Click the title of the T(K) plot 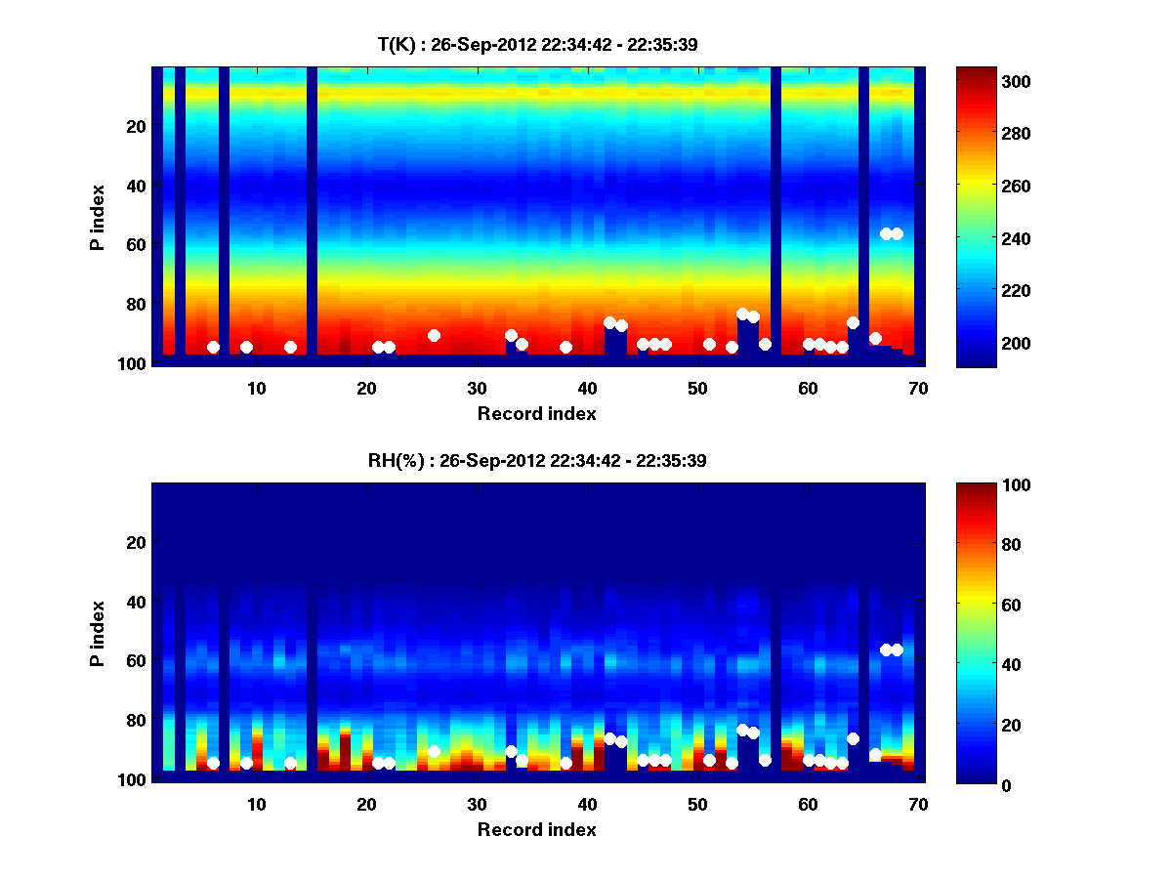point(538,45)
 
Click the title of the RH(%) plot point(538,461)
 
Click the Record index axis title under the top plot point(537,414)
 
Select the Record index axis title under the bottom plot point(537,830)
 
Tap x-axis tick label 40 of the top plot point(587,388)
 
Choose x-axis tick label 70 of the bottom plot point(917,804)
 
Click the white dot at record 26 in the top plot point(434,336)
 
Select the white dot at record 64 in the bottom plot point(853,739)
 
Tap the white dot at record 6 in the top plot point(213,348)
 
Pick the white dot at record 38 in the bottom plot point(565,764)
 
